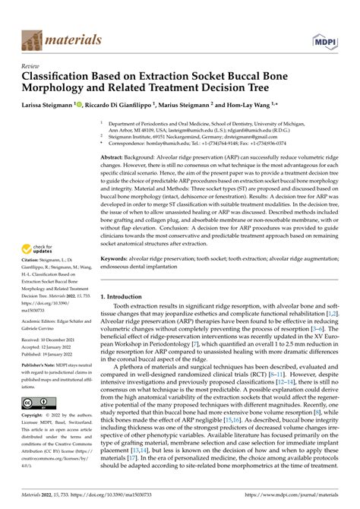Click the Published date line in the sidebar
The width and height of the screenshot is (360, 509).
coord(50,334)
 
